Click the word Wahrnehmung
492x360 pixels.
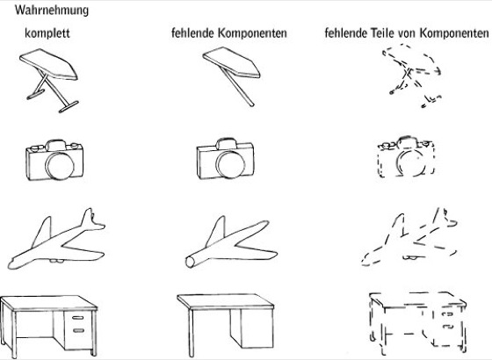52,11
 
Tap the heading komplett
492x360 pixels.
47,33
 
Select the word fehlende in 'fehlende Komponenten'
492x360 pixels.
192,32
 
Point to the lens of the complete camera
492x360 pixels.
60,165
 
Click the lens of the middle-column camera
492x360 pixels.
230,165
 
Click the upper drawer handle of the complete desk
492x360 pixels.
77,318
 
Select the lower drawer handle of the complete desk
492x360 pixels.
78,330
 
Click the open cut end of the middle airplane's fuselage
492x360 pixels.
190,262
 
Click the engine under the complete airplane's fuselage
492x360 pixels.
56,260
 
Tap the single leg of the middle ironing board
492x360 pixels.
237,86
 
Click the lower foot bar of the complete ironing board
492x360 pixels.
69,106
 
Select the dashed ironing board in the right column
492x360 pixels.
412,76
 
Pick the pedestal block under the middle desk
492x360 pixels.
251,328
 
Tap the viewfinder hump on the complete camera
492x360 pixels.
55,145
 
